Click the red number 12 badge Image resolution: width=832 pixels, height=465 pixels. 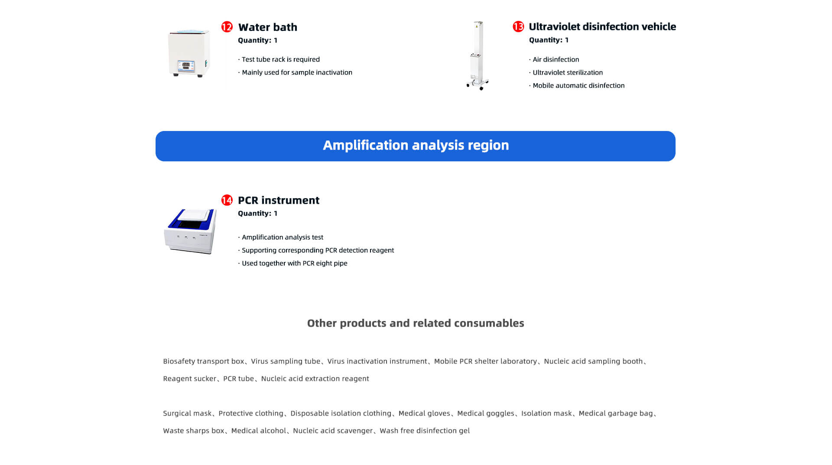coord(227,27)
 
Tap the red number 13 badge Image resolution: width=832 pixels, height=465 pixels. coord(518,26)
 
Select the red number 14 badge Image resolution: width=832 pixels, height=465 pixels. coord(227,200)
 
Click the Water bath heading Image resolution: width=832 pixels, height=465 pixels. coord(268,27)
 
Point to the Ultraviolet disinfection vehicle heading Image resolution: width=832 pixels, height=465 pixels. coord(602,26)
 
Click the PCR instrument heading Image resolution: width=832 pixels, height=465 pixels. coord(279,200)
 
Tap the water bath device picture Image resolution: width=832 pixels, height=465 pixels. coord(189,53)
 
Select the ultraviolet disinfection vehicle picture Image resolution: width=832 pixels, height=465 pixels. coord(478,56)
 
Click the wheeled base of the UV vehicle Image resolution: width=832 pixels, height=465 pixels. coord(478,83)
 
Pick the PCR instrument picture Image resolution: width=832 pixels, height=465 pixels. coord(190,231)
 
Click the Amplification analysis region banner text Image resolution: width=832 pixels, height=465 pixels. coord(416,145)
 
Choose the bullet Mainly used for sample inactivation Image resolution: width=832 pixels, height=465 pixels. coord(295,72)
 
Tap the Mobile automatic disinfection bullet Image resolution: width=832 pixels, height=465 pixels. coord(577,85)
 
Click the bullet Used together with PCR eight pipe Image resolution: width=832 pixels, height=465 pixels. coord(292,263)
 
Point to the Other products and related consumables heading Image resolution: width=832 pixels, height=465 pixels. coord(416,323)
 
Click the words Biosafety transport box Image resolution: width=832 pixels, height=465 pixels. coord(204,361)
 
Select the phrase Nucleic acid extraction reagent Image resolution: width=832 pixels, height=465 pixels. coord(315,379)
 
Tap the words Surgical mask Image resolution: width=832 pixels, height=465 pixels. coord(187,413)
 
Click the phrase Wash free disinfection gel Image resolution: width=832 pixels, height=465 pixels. coord(425,431)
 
